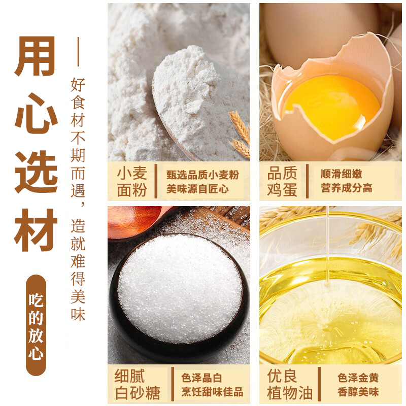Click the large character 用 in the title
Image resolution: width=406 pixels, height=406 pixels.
[36, 56]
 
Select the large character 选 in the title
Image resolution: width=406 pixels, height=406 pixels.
[36, 172]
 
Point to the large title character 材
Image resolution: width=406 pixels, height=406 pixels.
[36, 230]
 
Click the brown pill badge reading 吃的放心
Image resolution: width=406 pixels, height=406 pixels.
[36, 325]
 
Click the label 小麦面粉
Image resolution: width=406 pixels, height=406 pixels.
[132, 182]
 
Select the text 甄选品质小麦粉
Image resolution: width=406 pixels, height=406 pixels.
[202, 175]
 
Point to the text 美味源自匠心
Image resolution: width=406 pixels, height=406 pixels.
[197, 189]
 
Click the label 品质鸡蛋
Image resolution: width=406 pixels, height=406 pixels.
[282, 182]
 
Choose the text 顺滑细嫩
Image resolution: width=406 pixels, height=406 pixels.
[341, 174]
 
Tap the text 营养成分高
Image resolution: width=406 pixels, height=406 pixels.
[347, 188]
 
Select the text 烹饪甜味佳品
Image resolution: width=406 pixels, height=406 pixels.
[212, 392]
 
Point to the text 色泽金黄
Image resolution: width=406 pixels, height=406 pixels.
[358, 378]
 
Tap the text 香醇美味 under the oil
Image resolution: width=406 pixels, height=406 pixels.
[358, 392]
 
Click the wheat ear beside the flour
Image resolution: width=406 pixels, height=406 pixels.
[240, 133]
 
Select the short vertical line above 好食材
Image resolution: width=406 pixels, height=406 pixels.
[78, 52]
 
